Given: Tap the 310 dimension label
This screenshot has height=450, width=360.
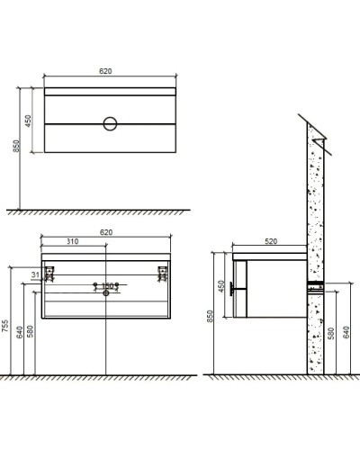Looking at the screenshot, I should [74, 242].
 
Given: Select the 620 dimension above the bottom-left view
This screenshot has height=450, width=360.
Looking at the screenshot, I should [106, 232].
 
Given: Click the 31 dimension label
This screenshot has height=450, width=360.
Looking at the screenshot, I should [34, 274].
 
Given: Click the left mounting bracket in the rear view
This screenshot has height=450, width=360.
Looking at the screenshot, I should [49, 273].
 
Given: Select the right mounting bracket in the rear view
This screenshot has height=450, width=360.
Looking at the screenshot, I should [163, 273].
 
